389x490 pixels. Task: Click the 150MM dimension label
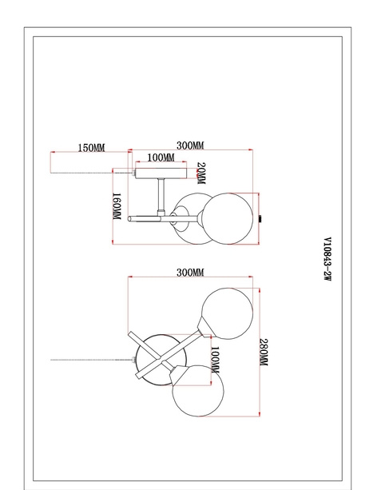[91, 148]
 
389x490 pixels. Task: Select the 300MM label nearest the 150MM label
[190, 145]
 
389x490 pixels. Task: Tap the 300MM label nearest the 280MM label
[190, 273]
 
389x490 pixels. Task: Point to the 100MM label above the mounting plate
[161, 157]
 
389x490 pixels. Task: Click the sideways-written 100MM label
[215, 360]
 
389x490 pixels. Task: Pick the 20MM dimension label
[201, 173]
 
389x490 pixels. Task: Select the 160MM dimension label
[117, 206]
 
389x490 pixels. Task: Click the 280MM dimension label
[264, 353]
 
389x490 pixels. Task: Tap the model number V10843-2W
[327, 259]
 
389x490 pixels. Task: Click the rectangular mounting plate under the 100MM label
[161, 173]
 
